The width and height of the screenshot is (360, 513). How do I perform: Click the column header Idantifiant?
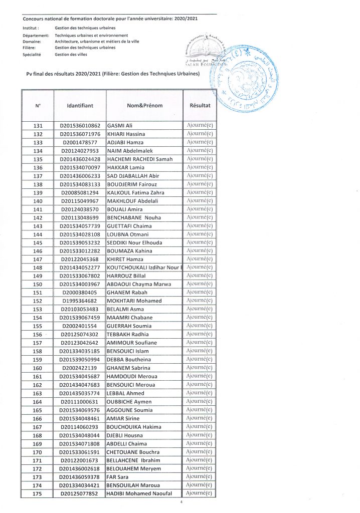[x=80, y=106]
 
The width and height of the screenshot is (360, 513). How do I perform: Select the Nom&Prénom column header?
[x=145, y=106]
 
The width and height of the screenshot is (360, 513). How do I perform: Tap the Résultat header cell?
[x=200, y=106]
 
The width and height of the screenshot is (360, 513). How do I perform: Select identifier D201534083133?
[x=80, y=184]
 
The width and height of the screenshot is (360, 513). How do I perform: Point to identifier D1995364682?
[x=80, y=301]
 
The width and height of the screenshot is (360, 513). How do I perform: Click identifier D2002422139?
[x=80, y=368]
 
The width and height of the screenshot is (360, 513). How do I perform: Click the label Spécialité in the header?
[x=32, y=54]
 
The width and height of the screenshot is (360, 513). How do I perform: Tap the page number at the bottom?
[x=181, y=502]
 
